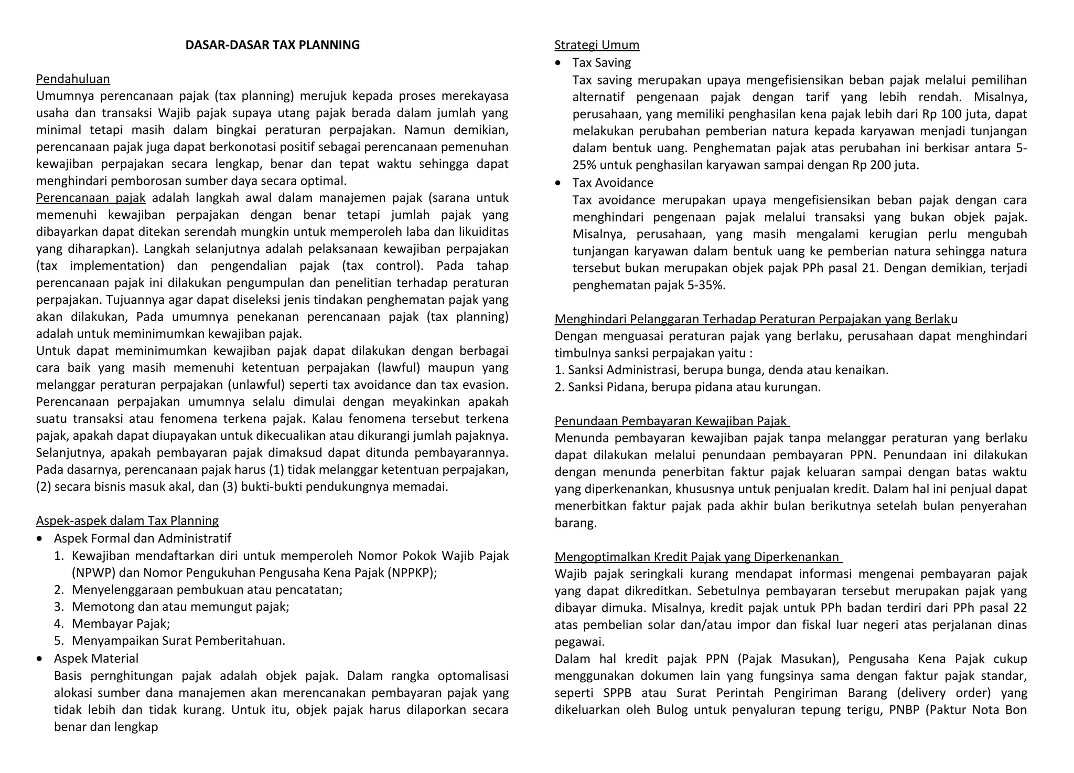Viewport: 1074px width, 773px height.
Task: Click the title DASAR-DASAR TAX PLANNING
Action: click(272, 45)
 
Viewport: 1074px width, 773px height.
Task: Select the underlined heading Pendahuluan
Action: click(73, 79)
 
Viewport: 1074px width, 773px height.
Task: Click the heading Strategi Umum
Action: click(597, 45)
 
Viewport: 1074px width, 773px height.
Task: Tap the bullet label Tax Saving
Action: click(602, 62)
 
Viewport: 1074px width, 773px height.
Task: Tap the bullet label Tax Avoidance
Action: click(613, 183)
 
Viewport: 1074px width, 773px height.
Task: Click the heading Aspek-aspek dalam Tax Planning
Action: click(127, 521)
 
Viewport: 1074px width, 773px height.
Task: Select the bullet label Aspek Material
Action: click(96, 659)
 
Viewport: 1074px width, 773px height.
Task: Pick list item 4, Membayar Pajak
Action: click(121, 623)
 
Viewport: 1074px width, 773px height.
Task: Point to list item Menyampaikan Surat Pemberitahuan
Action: click(178, 641)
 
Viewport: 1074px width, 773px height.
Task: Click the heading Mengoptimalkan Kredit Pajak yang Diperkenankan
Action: click(697, 557)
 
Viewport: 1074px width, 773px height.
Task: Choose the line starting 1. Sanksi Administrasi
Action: click(721, 370)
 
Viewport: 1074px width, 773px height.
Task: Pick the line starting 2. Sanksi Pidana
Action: click(687, 387)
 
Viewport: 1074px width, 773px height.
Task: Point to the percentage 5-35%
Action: click(706, 285)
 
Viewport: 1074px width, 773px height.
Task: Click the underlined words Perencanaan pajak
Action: click(91, 198)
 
